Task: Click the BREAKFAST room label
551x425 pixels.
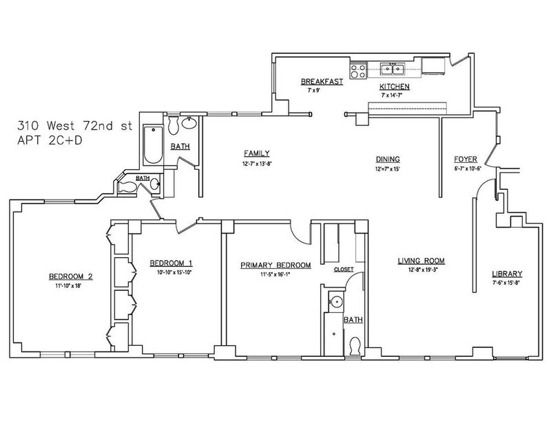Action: (x=322, y=81)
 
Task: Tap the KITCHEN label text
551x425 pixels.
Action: (x=394, y=87)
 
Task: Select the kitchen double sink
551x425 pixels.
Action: (x=392, y=69)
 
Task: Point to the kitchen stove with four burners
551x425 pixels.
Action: (x=358, y=71)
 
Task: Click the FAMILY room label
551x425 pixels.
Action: (x=257, y=153)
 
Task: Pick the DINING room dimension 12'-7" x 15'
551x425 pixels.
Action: (x=388, y=168)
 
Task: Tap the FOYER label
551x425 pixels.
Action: (x=466, y=160)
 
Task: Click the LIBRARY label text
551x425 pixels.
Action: (x=507, y=274)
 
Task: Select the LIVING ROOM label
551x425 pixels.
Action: (x=422, y=261)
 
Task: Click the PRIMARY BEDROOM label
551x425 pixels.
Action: (x=275, y=265)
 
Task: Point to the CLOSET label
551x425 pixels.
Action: (x=344, y=270)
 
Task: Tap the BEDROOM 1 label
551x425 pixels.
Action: (x=171, y=263)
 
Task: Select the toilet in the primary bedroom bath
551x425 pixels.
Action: (x=355, y=346)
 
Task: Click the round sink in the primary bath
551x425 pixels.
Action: (x=337, y=301)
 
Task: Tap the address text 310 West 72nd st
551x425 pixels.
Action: (x=75, y=126)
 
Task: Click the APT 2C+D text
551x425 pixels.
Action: (x=50, y=140)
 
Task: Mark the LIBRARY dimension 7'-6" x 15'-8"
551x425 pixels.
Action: (x=507, y=283)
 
